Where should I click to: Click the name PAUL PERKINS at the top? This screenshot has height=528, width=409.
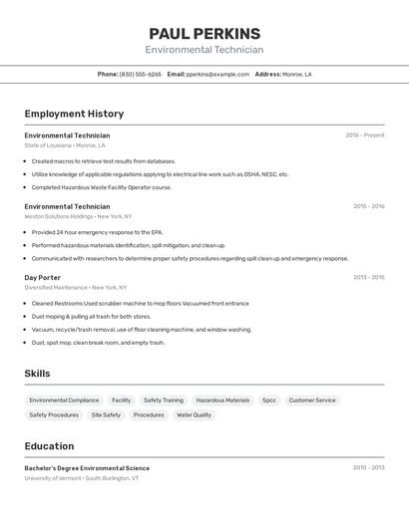coord(204,33)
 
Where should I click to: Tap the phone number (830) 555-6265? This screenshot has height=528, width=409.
coord(140,74)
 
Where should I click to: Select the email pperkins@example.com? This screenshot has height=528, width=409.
coord(217,74)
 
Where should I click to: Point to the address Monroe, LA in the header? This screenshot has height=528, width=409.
coord(296,74)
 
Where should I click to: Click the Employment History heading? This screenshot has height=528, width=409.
coord(74,114)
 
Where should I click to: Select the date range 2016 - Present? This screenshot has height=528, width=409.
coord(364,135)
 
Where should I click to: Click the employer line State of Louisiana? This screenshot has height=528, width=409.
coord(65,145)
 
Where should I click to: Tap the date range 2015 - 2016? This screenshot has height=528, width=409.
coord(368,206)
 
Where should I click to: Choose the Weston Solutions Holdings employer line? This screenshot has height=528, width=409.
coord(78,216)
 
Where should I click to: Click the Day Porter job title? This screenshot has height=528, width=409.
coord(43,277)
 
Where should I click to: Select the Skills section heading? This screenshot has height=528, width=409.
coord(38,374)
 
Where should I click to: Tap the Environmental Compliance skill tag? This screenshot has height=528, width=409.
coord(64,400)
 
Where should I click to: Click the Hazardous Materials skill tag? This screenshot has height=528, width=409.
coord(222,400)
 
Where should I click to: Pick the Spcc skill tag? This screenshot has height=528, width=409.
coord(269,400)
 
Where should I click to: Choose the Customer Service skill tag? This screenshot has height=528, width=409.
coord(312,400)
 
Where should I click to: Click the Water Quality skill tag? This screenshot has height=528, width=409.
coord(194,414)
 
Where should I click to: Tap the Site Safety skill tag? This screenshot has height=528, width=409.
coord(106,414)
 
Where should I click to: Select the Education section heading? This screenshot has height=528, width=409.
coord(49,446)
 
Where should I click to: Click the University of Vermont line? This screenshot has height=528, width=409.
coord(82,478)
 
